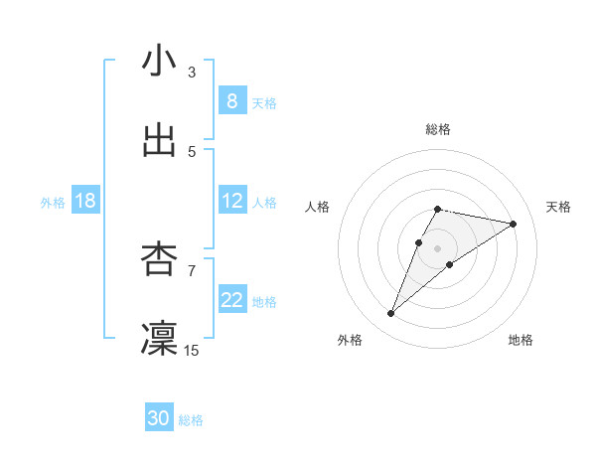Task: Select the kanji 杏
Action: (x=159, y=259)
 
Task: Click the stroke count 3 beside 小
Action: (x=192, y=72)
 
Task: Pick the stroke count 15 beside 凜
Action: (x=192, y=350)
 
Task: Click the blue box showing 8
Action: (x=232, y=101)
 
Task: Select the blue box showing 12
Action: (x=232, y=201)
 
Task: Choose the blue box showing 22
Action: (x=232, y=300)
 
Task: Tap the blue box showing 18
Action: (x=85, y=201)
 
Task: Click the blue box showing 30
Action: (x=159, y=419)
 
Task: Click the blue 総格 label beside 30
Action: (x=191, y=420)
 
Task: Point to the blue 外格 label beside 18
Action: (x=53, y=202)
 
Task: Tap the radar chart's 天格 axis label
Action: (x=558, y=207)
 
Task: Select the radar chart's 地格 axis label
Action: (x=521, y=340)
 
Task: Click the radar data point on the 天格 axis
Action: (x=514, y=224)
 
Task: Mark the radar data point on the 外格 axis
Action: (x=391, y=314)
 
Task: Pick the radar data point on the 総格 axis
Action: (x=438, y=209)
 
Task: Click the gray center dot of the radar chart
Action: (x=438, y=248)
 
